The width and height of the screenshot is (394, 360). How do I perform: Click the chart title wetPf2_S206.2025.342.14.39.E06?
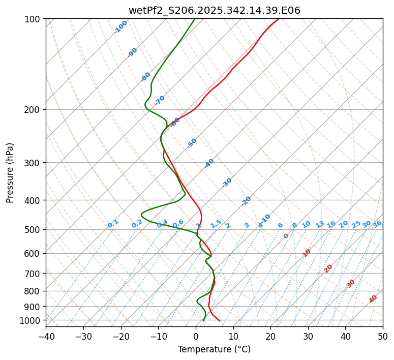point(214,10)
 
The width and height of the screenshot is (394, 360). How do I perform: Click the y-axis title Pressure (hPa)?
point(10,173)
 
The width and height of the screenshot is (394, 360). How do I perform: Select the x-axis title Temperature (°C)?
point(214,350)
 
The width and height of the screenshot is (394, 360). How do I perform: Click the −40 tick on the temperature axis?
point(46,337)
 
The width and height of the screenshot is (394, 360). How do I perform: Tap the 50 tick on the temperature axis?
point(383,337)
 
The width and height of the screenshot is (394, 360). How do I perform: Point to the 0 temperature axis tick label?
point(196,337)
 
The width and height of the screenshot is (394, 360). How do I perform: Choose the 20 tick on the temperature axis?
point(270,337)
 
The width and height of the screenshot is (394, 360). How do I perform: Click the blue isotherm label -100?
point(120,27)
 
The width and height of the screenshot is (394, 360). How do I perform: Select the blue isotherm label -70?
point(160,100)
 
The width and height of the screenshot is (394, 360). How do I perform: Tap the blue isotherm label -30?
point(227,183)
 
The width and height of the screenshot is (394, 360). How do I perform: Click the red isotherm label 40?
point(373,299)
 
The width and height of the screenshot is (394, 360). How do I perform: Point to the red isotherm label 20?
point(328,268)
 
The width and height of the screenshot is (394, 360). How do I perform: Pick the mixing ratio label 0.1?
point(113,224)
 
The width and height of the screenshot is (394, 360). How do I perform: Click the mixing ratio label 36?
point(377,224)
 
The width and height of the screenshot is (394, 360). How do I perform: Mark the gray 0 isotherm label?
point(286,236)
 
